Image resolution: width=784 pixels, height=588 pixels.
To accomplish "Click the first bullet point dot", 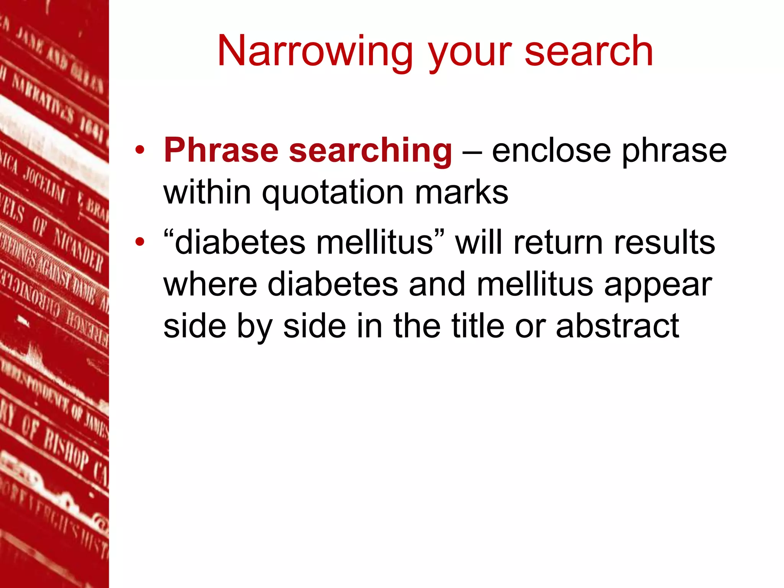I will pos(140,150).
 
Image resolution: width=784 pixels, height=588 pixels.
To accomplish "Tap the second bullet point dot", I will pos(140,242).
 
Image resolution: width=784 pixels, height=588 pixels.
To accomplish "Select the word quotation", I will pos(333,193).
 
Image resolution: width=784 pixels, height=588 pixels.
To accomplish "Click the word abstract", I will pos(617,326).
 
